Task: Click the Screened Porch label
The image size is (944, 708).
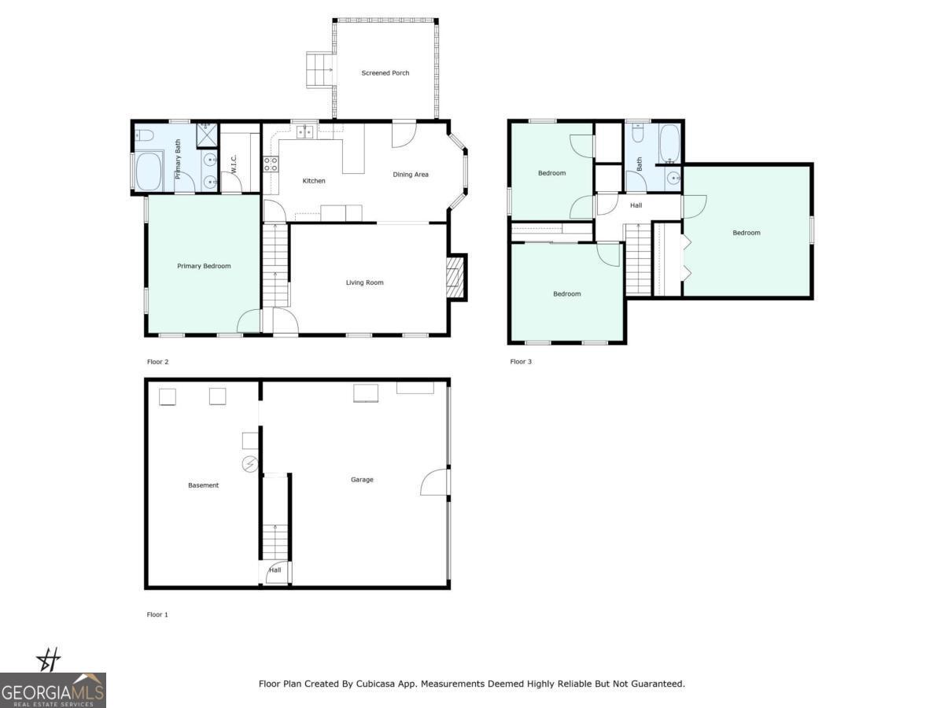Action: (385, 73)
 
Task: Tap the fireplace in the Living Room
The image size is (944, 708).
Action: (455, 277)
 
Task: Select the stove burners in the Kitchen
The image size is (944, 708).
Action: (271, 164)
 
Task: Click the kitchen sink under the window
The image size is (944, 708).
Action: (304, 132)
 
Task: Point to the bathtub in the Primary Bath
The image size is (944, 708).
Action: (149, 171)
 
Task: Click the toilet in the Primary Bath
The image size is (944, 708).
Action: (143, 135)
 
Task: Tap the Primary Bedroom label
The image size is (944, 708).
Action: (204, 266)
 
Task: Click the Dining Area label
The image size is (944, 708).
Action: (411, 175)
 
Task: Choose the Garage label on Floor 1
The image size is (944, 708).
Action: (362, 480)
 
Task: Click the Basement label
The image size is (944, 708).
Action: (203, 485)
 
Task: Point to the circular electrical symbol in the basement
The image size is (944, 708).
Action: (250, 464)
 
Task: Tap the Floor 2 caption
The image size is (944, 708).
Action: (157, 362)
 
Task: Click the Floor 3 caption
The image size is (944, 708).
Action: (521, 362)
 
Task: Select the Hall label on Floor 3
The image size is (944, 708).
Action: (636, 206)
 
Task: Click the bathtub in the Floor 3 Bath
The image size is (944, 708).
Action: (669, 143)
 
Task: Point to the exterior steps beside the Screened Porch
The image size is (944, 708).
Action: (319, 70)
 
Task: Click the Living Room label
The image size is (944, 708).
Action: (364, 282)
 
